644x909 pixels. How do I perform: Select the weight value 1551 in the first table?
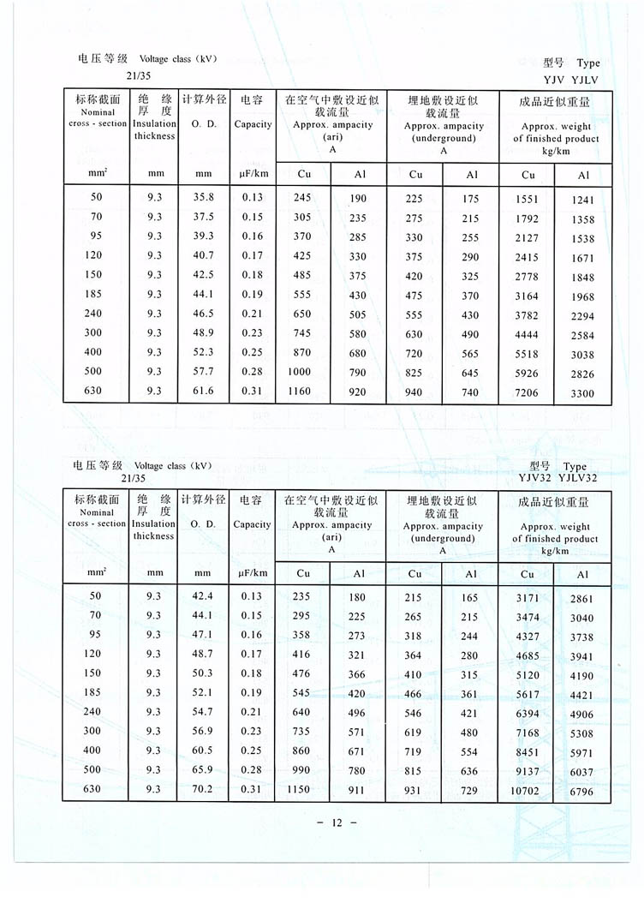click(x=527, y=198)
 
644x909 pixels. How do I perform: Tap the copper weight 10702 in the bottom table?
click(x=526, y=791)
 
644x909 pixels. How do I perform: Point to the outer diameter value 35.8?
click(x=203, y=197)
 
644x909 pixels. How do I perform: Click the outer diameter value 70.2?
click(x=203, y=790)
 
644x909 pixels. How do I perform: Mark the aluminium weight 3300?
click(x=583, y=395)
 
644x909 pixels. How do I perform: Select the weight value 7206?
click(x=527, y=393)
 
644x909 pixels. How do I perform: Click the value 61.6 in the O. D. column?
click(x=203, y=392)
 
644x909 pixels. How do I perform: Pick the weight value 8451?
click(x=527, y=751)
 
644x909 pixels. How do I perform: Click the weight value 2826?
click(x=583, y=374)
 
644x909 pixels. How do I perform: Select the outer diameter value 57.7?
click(x=203, y=372)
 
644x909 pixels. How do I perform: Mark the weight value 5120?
click(x=527, y=674)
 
